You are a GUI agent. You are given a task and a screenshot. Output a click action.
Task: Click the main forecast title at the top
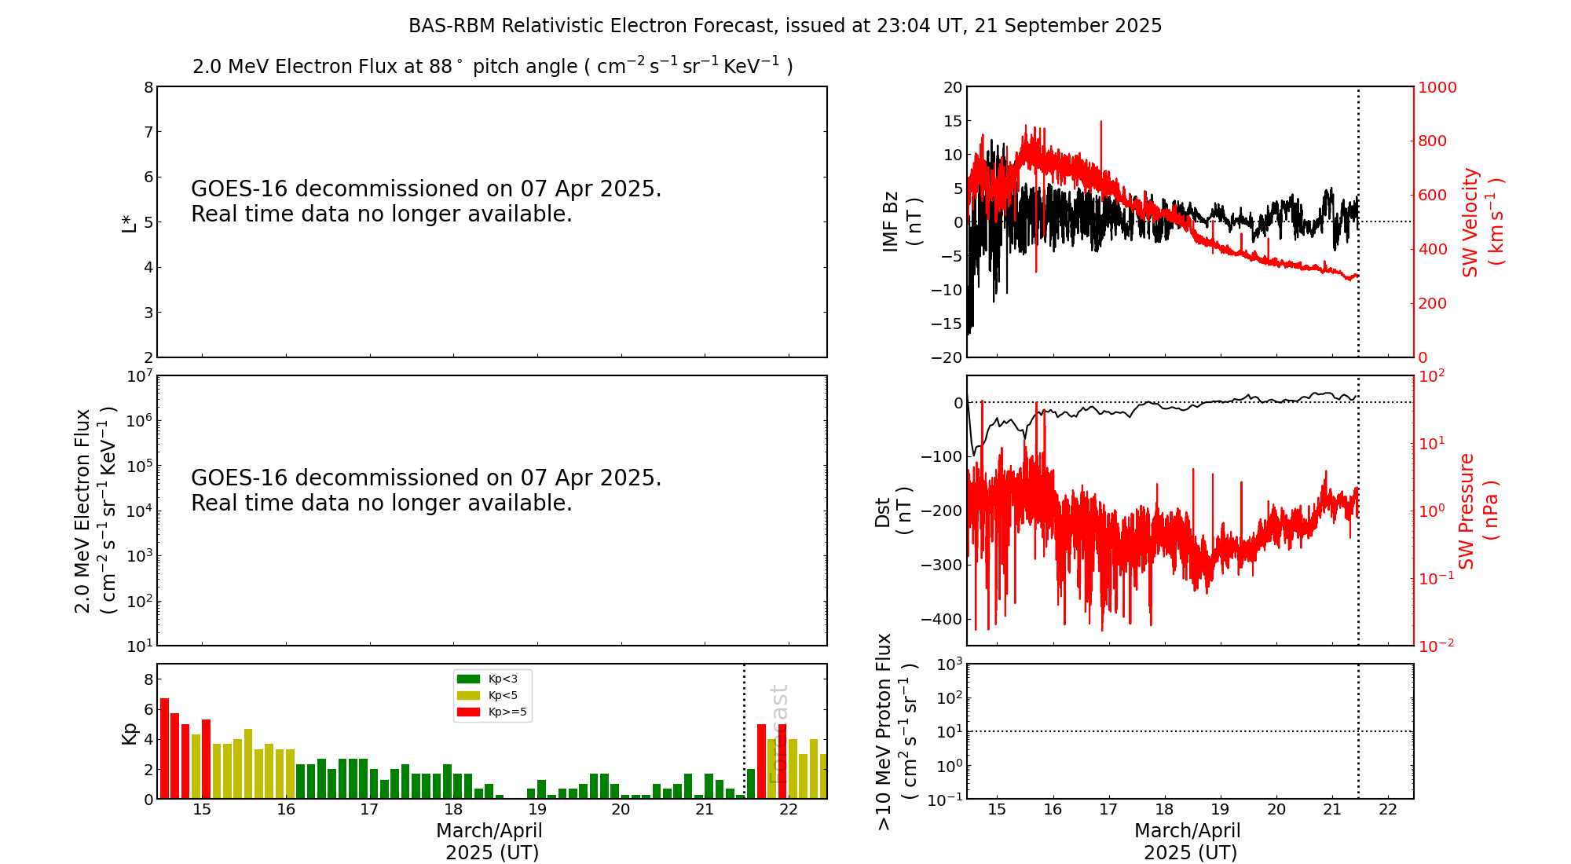(785, 26)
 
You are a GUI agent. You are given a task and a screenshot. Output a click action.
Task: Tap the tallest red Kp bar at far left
(164, 748)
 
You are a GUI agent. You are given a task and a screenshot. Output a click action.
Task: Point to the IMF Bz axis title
(901, 222)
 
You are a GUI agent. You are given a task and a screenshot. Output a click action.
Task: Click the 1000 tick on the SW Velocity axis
(1437, 87)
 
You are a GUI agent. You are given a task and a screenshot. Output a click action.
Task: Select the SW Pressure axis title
(1478, 511)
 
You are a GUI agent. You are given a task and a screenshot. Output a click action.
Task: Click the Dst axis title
(893, 511)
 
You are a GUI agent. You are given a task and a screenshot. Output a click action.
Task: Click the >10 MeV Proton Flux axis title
(895, 731)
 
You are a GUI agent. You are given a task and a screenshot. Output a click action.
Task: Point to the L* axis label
(130, 222)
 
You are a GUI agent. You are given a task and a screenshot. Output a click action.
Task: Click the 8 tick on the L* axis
(148, 87)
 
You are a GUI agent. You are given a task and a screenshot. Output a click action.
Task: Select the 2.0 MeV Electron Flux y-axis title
(95, 511)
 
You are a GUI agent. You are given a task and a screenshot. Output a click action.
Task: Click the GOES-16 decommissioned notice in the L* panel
(426, 201)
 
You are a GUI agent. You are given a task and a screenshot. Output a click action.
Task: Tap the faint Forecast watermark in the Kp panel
(778, 734)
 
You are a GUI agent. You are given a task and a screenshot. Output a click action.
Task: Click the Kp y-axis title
(130, 733)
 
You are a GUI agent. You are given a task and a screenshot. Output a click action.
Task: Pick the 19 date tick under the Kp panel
(536, 810)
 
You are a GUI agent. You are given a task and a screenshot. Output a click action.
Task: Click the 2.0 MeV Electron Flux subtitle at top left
(493, 66)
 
